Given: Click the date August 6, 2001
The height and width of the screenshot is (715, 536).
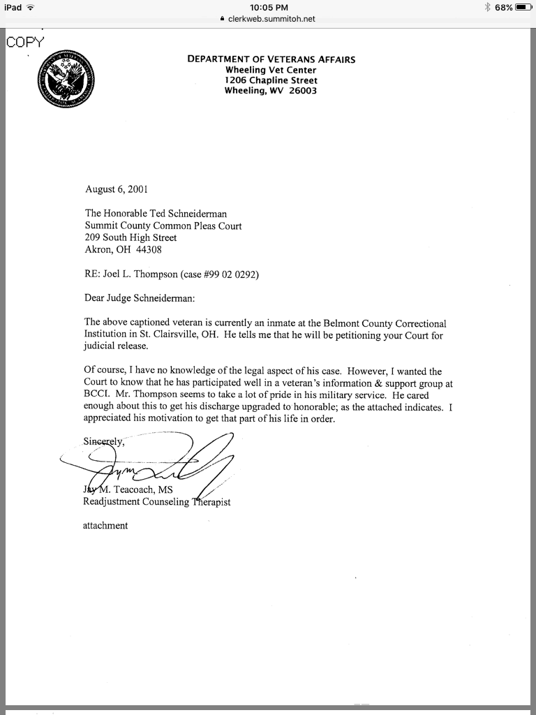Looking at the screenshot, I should pyautogui.click(x=116, y=189).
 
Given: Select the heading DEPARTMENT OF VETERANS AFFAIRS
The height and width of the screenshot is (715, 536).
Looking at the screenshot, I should pyautogui.click(x=271, y=59).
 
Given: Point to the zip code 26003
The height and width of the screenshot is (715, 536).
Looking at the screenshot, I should pyautogui.click(x=303, y=91).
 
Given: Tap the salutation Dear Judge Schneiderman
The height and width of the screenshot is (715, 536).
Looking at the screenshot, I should pyautogui.click(x=140, y=298).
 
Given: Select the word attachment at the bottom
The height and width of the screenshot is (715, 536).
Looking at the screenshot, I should pyautogui.click(x=105, y=525).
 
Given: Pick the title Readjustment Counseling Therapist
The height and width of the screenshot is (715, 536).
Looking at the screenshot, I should pyautogui.click(x=157, y=501).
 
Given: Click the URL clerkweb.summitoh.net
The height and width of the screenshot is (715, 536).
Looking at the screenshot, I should pyautogui.click(x=271, y=19).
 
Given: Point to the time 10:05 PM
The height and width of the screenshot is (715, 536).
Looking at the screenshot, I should pyautogui.click(x=268, y=8).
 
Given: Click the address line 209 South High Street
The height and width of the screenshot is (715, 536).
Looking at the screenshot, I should pyautogui.click(x=131, y=237).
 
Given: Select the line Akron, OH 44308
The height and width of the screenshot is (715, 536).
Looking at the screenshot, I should pyautogui.click(x=123, y=249).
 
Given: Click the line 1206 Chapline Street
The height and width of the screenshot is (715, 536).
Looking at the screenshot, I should pyautogui.click(x=271, y=80).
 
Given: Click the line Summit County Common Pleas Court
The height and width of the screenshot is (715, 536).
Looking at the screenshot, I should pyautogui.click(x=163, y=226).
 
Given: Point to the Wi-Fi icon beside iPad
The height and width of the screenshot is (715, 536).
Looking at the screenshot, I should pyautogui.click(x=30, y=7).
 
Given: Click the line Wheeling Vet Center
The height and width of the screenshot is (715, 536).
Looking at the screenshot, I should pyautogui.click(x=271, y=70).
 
